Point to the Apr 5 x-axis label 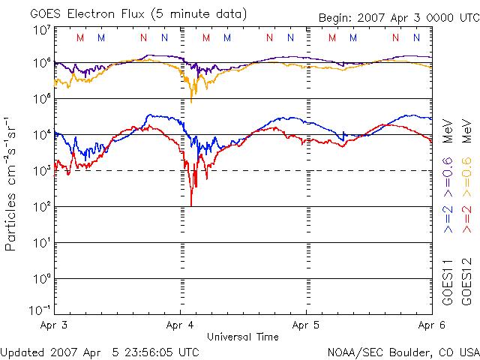tap(306, 327)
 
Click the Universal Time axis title tap(243, 337)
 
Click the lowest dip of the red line tap(191, 204)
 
